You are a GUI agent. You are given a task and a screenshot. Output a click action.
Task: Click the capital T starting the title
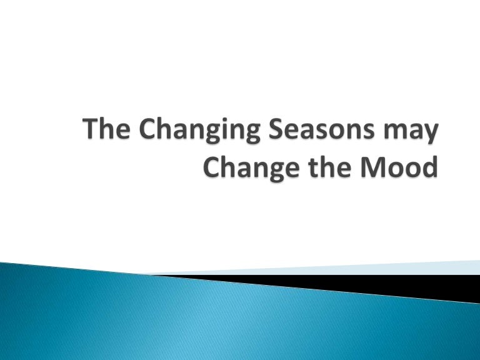(x=91, y=132)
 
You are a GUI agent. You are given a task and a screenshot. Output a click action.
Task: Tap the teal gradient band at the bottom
(x=187, y=319)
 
